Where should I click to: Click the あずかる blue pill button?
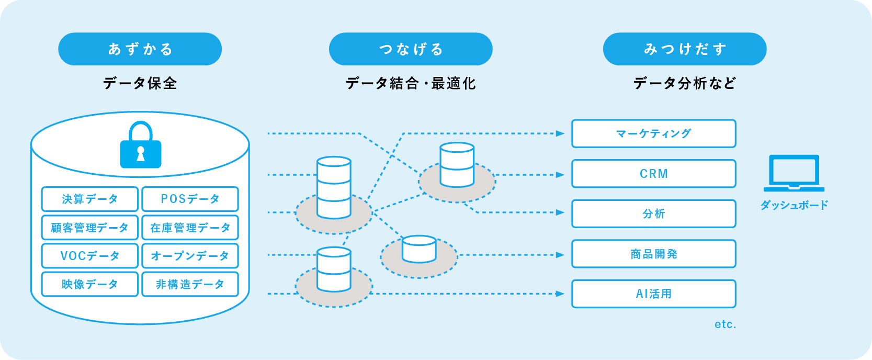click(x=140, y=49)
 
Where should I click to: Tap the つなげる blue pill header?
click(x=411, y=49)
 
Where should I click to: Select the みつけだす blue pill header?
click(x=685, y=49)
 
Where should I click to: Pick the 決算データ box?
click(x=90, y=199)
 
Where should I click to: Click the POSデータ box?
click(x=190, y=199)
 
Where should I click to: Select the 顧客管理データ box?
click(x=90, y=228)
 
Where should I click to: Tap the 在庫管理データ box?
click(x=190, y=228)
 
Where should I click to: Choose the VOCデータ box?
click(x=90, y=256)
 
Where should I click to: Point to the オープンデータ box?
click(x=190, y=256)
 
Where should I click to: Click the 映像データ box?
click(x=90, y=284)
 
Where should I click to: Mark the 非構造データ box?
click(x=190, y=284)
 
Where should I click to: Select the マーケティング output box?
click(x=653, y=133)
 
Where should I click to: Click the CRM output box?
click(x=653, y=174)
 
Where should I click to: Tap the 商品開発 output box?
click(x=653, y=254)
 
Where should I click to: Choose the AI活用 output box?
click(x=653, y=294)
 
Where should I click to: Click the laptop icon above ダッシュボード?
click(x=794, y=173)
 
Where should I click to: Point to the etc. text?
click(x=725, y=324)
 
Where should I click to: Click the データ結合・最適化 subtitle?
click(x=411, y=83)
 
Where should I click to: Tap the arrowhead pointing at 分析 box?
click(x=560, y=212)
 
